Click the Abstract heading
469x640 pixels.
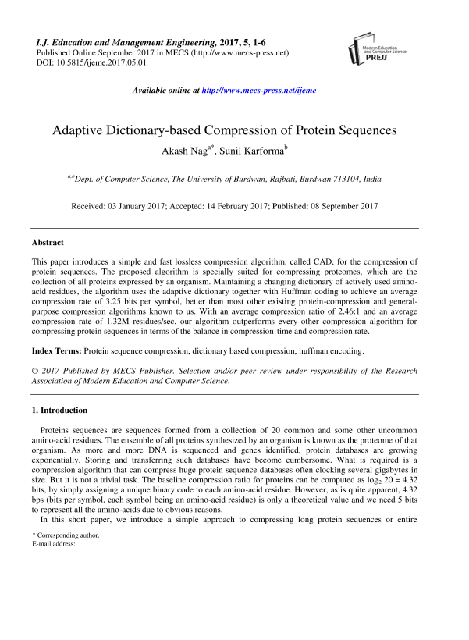click(x=48, y=244)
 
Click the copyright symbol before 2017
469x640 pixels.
click(x=35, y=372)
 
